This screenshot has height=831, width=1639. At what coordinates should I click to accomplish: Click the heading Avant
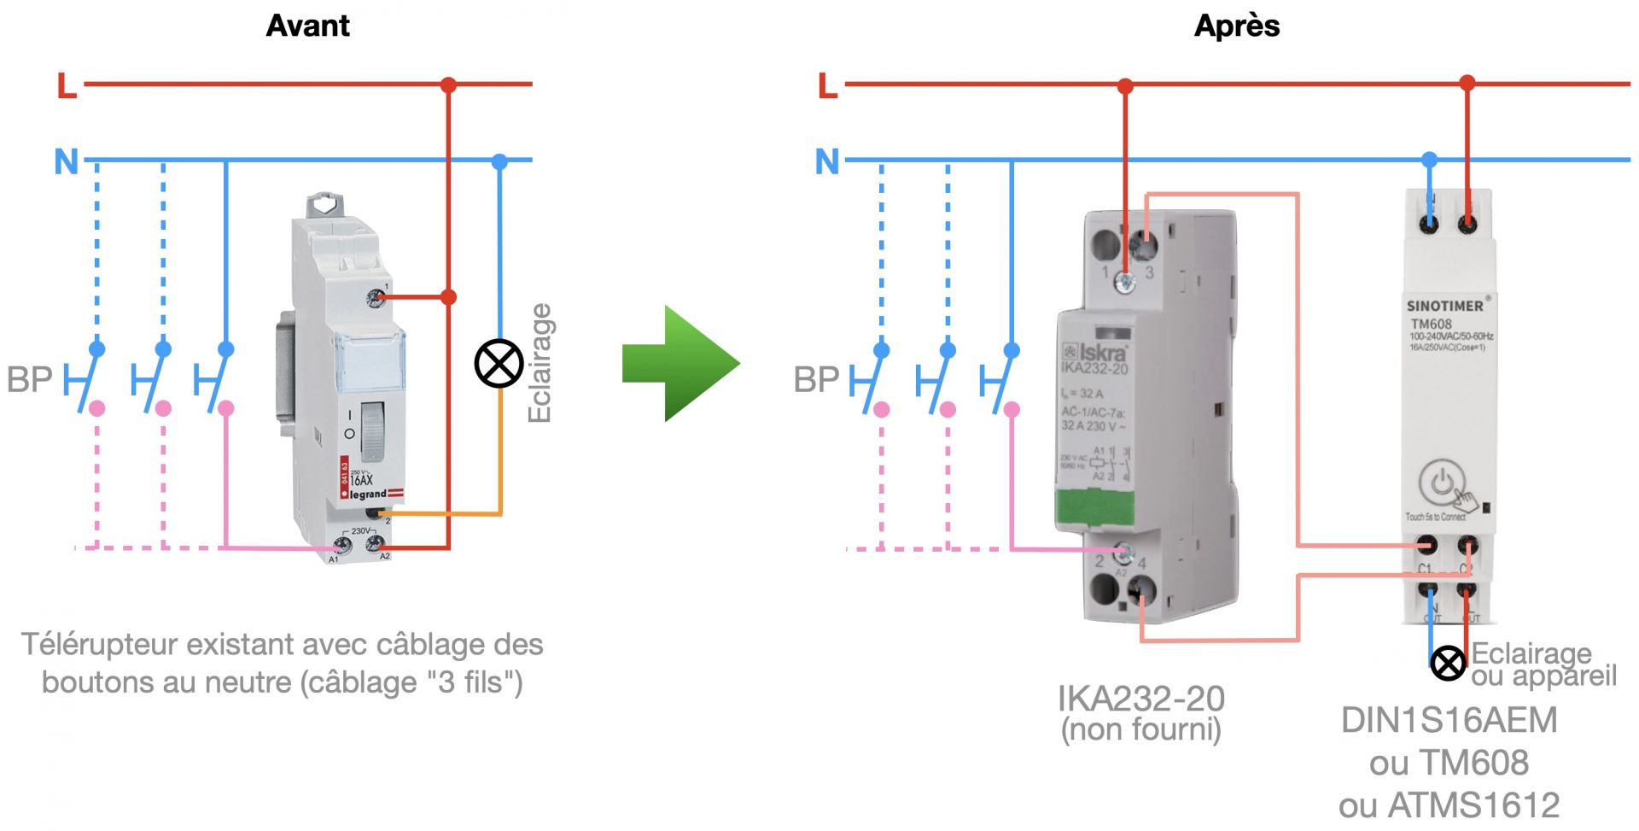tap(307, 26)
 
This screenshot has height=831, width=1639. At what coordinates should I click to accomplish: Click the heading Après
tap(1236, 26)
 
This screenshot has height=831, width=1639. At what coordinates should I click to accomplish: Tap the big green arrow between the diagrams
tap(681, 363)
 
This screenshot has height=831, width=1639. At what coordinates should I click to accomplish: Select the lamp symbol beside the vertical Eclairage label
tap(499, 363)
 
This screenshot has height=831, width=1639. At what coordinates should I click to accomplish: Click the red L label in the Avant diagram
tap(67, 85)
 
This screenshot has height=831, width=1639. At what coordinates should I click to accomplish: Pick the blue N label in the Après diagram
tap(827, 161)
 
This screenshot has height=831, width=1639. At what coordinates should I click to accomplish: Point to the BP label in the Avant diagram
tap(29, 379)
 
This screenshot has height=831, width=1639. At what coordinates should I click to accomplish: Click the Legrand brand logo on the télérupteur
tap(369, 494)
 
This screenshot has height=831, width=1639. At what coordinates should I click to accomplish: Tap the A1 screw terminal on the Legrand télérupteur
tap(342, 544)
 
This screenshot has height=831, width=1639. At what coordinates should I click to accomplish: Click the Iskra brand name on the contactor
tap(1102, 352)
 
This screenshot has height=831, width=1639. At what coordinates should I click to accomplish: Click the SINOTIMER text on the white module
tap(1444, 306)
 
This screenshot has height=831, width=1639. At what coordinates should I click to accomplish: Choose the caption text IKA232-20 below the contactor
tap(1140, 699)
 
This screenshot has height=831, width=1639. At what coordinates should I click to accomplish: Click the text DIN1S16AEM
tap(1449, 720)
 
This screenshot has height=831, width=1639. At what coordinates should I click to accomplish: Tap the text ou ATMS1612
tap(1449, 805)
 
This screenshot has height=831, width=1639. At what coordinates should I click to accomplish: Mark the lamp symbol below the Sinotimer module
tap(1447, 663)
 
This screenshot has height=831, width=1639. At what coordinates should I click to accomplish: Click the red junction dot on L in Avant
tap(448, 85)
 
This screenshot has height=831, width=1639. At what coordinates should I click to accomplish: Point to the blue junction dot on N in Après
tap(1429, 160)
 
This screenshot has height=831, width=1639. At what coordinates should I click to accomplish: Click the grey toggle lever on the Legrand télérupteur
tap(372, 427)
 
